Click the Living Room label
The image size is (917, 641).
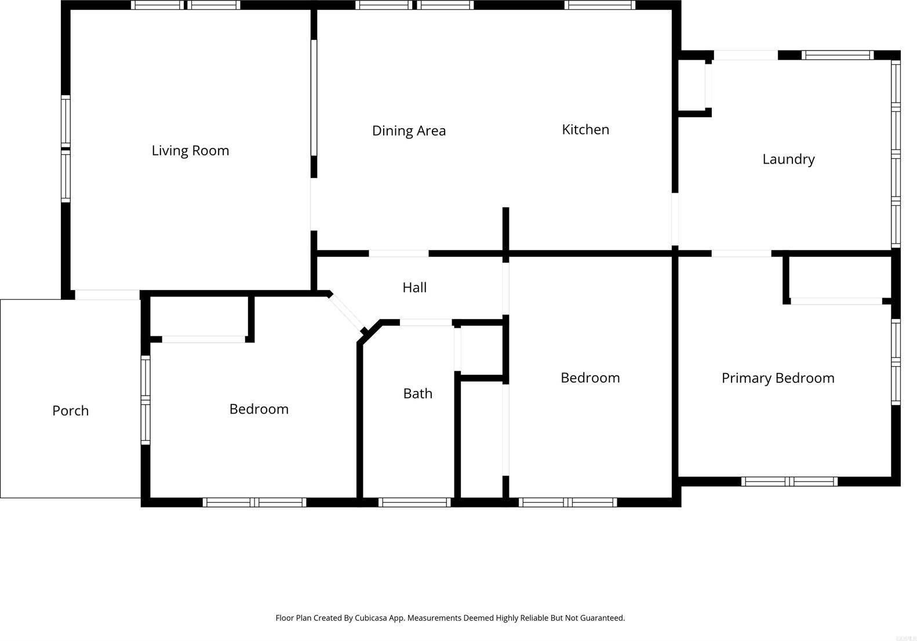click(x=190, y=151)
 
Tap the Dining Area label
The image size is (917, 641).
click(x=409, y=131)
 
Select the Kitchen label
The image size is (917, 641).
click(x=585, y=129)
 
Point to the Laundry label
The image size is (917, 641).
click(x=788, y=159)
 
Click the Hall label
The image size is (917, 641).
click(x=414, y=288)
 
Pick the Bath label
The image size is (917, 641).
click(x=417, y=394)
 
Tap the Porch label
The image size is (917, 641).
click(x=70, y=410)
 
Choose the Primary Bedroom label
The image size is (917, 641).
click(x=778, y=378)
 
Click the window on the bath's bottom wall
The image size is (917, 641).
click(x=414, y=502)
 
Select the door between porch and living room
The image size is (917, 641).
click(x=107, y=295)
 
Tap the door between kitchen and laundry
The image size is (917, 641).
click(x=675, y=219)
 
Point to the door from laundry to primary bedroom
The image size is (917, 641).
click(x=741, y=253)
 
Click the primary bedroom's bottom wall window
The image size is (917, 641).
click(x=789, y=481)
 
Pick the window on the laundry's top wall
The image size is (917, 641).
click(x=838, y=55)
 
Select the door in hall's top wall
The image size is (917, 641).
click(x=399, y=253)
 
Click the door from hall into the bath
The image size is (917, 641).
click(x=425, y=323)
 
